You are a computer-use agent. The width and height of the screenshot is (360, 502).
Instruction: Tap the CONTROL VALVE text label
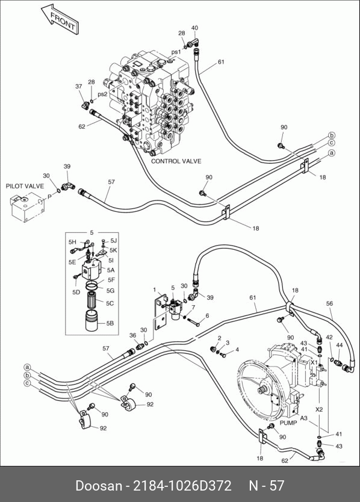click(176, 161)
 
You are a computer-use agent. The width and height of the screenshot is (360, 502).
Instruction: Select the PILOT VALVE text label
click(25, 186)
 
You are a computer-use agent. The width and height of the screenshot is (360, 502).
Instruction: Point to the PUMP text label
click(288, 423)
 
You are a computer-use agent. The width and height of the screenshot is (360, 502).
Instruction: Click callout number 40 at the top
click(194, 28)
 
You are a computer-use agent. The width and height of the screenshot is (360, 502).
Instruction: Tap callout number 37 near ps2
click(78, 86)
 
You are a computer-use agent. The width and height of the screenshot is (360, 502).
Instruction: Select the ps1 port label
click(176, 52)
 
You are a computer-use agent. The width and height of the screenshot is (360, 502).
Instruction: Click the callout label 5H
click(72, 243)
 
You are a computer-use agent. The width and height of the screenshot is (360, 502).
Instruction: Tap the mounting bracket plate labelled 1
click(161, 313)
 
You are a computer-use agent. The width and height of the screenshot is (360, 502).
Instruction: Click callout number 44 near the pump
click(339, 345)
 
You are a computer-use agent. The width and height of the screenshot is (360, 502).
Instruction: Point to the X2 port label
click(319, 409)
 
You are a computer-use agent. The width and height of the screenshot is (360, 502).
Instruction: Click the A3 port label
click(303, 418)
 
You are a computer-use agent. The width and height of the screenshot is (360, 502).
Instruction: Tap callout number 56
click(329, 303)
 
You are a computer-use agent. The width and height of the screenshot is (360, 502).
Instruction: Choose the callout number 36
click(132, 335)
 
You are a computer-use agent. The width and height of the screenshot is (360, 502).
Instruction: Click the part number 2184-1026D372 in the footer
click(182, 486)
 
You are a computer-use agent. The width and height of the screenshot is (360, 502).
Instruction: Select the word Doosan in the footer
click(99, 486)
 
